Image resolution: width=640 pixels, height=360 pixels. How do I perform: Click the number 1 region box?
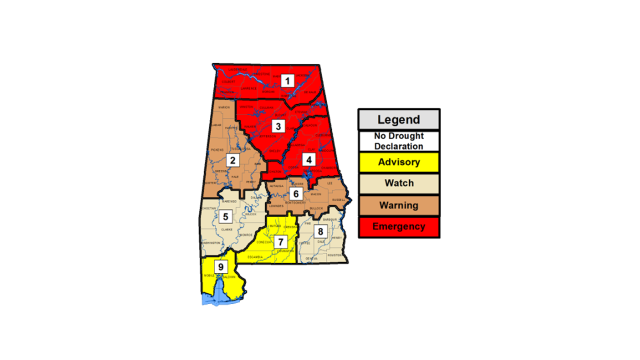[x=287, y=80]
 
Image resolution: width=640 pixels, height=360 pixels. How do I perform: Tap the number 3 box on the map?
[x=278, y=125]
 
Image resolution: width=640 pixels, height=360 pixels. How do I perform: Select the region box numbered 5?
[x=225, y=216]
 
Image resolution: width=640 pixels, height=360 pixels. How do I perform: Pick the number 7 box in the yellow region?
[x=280, y=241]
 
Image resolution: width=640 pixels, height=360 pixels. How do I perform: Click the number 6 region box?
[x=295, y=193]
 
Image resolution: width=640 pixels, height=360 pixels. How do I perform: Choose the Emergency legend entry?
[x=398, y=226]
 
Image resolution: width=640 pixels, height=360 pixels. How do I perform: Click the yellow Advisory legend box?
[x=398, y=162]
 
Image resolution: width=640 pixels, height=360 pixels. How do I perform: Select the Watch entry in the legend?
[x=398, y=183]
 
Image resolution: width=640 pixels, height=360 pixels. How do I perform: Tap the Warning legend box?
[x=398, y=205]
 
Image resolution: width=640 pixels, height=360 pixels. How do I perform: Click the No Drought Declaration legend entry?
[x=398, y=141]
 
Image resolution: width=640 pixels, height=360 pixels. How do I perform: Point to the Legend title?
[x=398, y=120]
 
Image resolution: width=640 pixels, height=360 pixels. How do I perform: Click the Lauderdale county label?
[x=237, y=69]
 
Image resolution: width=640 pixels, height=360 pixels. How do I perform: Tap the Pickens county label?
[x=217, y=149]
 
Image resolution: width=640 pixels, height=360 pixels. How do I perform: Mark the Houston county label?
[x=334, y=255]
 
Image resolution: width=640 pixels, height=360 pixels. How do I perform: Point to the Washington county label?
[x=211, y=242]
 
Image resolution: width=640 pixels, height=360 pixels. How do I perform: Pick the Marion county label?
[x=223, y=107]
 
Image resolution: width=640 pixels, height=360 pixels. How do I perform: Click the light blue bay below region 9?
[x=215, y=298]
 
